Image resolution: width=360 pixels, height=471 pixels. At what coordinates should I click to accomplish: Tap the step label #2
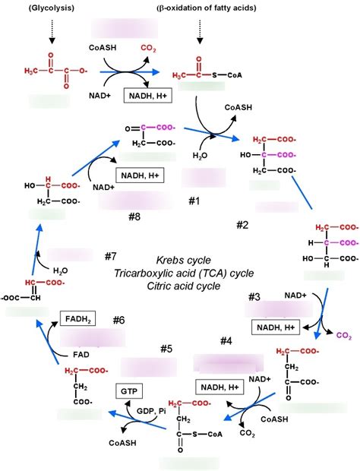(242, 225)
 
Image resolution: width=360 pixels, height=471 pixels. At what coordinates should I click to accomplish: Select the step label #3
(254, 296)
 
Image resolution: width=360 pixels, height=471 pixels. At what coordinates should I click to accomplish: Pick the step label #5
(167, 348)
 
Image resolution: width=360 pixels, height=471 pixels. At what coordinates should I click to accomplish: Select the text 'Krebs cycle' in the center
(184, 260)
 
